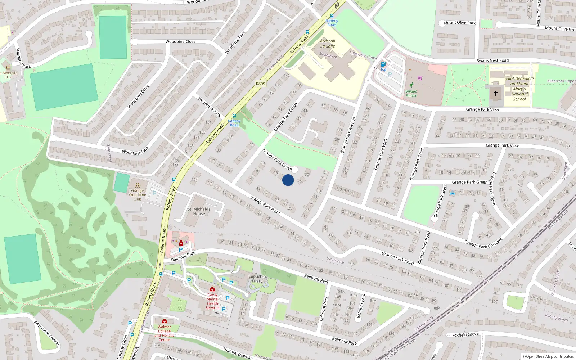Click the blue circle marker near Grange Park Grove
(288, 180)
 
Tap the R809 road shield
(260, 84)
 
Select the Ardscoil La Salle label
(328, 44)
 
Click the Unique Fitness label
(411, 93)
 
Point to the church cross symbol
(496, 93)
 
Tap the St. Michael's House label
(199, 211)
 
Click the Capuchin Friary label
(257, 279)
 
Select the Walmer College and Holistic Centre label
(165, 333)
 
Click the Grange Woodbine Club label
(138, 195)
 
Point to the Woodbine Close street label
(180, 42)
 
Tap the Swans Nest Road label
(492, 60)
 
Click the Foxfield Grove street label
(465, 335)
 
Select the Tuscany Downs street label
(237, 353)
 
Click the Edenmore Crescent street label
(47, 334)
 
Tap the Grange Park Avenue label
(348, 135)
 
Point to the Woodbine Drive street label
(138, 96)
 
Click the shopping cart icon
(420, 78)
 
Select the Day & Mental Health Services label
(212, 301)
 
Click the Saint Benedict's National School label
(519, 89)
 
